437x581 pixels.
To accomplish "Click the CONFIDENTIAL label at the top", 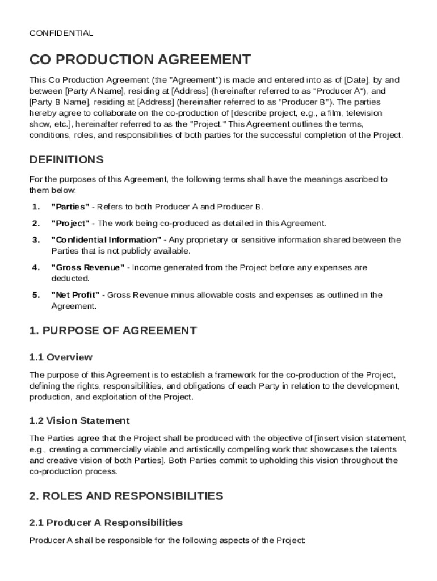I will [x=61, y=33].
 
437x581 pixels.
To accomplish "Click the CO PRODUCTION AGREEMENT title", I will [x=140, y=60].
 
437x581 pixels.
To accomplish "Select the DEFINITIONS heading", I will [x=66, y=159].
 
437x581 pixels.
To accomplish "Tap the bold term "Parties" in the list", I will [x=70, y=207].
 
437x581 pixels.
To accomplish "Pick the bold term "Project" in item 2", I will [x=70, y=223].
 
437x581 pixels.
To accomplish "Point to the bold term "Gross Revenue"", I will [x=88, y=267].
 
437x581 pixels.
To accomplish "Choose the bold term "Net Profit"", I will [x=75, y=295].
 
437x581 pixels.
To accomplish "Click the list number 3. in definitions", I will [x=36, y=239].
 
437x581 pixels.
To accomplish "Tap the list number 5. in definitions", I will [x=36, y=295].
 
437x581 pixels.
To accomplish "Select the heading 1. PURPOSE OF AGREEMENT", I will [x=113, y=330].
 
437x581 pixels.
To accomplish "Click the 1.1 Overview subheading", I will [x=61, y=357].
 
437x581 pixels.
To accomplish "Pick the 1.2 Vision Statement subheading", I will [x=79, y=420].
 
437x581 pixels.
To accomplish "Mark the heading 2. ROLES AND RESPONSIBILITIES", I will [x=126, y=496].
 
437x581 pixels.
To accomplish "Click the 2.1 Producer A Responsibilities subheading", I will [x=106, y=523].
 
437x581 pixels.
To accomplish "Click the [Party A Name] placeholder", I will [x=94, y=91].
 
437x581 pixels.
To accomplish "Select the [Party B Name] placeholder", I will [x=60, y=102].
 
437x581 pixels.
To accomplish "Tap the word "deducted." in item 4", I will [x=70, y=279].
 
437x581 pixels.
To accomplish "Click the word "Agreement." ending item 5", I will [x=74, y=306].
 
